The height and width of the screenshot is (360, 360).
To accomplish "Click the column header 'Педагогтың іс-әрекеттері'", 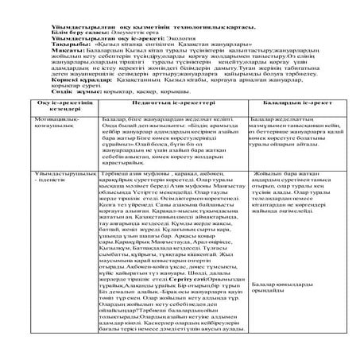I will click(x=161, y=104).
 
